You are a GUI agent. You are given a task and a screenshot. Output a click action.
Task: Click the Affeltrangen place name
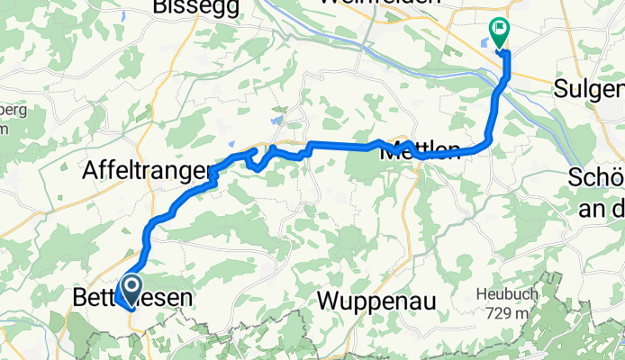coord(149,168)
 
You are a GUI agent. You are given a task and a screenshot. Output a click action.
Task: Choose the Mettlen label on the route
coord(421,150)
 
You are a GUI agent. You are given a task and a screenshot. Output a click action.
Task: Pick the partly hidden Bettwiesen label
coord(131,298)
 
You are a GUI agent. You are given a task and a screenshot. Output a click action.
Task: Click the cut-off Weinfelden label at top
coord(402,3)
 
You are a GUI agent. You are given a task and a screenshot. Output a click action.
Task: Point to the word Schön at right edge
coord(597,178)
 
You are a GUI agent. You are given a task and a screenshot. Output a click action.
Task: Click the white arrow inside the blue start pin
coord(131,287)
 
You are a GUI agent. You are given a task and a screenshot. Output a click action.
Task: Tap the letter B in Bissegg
coord(162,6)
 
